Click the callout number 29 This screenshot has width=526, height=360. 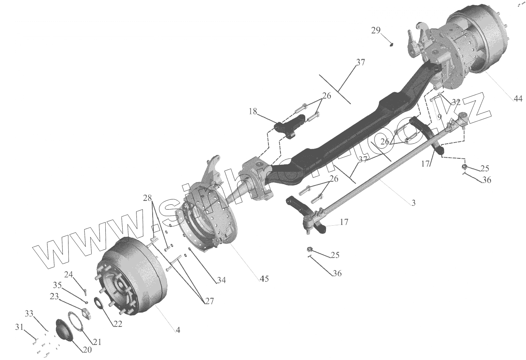pyautogui.click(x=376, y=30)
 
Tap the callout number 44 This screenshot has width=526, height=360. pyautogui.click(x=518, y=99)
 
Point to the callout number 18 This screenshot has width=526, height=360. pyautogui.click(x=253, y=111)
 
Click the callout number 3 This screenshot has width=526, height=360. pyautogui.click(x=413, y=203)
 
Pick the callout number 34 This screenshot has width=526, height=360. pyautogui.click(x=221, y=280)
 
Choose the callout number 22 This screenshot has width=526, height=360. pyautogui.click(x=118, y=324)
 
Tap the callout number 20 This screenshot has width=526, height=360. pyautogui.click(x=87, y=349)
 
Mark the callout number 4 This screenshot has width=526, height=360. pyautogui.click(x=178, y=330)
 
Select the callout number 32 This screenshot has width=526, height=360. pyautogui.click(x=456, y=102)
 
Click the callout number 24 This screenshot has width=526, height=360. pyautogui.click(x=68, y=274)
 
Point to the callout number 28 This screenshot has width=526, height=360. pyautogui.click(x=147, y=198)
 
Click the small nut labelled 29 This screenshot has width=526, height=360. pyautogui.click(x=392, y=45)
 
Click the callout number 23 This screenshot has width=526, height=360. pyautogui.click(x=55, y=296)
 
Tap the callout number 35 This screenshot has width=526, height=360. pyautogui.click(x=57, y=284)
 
